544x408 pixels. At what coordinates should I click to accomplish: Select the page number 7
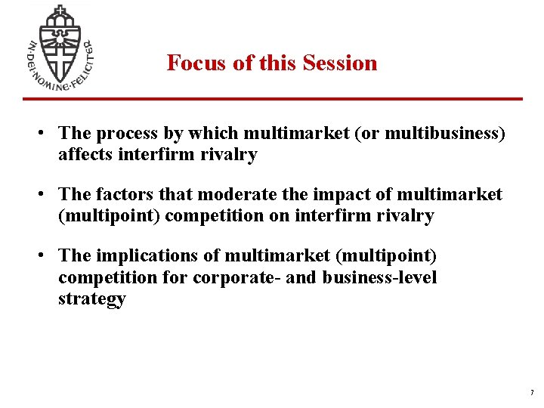pos(531,393)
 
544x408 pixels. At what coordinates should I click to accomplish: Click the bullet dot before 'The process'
pos(45,134)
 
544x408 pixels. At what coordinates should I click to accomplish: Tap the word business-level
pos(380,277)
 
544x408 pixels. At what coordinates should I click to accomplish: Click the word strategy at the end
pos(91,298)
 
